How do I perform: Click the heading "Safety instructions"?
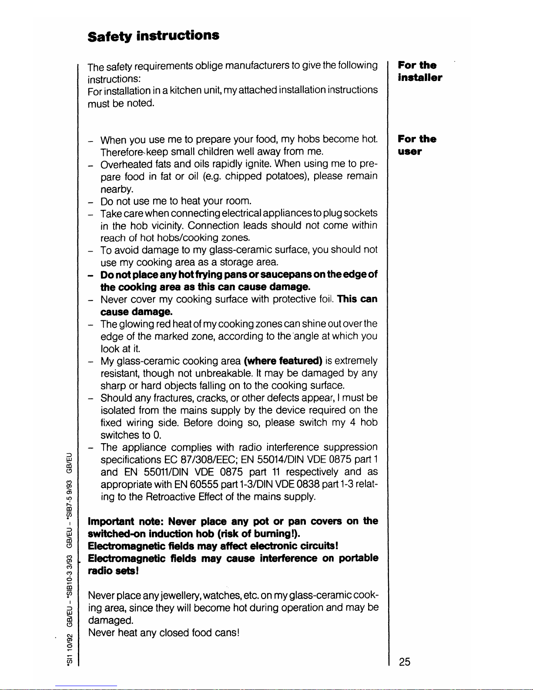click(x=153, y=35)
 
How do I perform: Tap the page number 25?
click(x=404, y=662)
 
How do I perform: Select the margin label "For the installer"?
click(x=420, y=71)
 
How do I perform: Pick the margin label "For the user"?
click(x=417, y=145)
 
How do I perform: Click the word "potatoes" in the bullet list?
click(x=286, y=176)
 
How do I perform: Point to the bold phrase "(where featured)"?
click(x=283, y=361)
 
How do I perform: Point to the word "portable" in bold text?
click(x=359, y=559)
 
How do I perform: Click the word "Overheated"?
click(x=127, y=165)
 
